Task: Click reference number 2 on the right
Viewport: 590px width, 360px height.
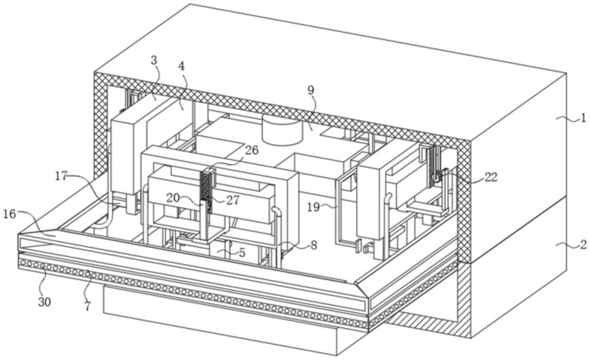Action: [583, 245]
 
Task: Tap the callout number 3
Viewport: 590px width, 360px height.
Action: [153, 60]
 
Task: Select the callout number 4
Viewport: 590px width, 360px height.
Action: [181, 66]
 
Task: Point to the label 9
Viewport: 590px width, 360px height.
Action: [310, 90]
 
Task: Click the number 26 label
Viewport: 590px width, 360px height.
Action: [252, 150]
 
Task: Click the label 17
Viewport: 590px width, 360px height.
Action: [62, 176]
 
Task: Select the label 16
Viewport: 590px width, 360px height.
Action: [10, 214]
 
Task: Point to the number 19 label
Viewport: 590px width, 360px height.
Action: [314, 207]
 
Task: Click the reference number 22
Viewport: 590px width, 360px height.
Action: [491, 177]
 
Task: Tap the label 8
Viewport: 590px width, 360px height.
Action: [313, 246]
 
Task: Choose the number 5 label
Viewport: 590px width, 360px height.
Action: [242, 253]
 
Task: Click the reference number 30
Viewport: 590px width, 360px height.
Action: [44, 302]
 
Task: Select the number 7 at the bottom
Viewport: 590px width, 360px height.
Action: [87, 306]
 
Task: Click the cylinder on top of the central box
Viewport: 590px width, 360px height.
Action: [282, 129]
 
